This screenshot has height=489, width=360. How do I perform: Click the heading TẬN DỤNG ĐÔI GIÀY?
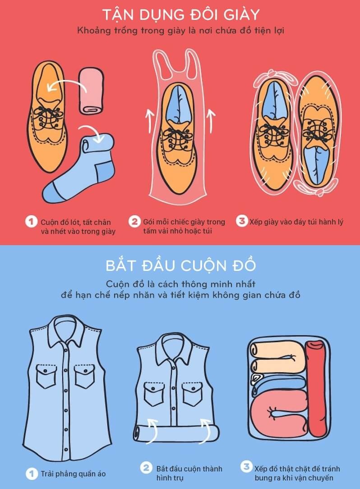(x=180, y=14)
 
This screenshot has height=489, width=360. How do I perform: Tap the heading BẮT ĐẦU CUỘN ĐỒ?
(x=180, y=265)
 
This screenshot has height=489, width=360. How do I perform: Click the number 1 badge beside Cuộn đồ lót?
(x=31, y=222)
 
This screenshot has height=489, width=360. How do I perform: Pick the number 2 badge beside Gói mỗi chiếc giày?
(x=134, y=222)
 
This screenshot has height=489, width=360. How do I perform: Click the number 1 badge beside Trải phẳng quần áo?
(x=31, y=474)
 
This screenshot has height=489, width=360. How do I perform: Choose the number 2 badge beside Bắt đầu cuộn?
(x=146, y=467)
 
